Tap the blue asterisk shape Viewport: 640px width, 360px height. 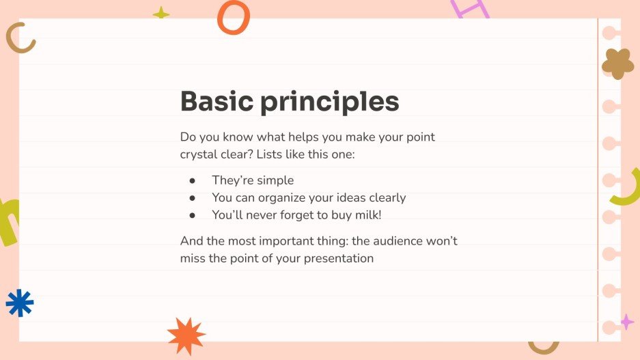point(19,303)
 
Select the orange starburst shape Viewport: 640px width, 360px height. point(186,335)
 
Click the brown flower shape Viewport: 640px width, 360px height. point(617,64)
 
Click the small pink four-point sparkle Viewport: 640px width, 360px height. point(626,322)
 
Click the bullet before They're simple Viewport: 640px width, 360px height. point(193,181)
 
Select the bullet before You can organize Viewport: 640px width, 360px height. point(193,198)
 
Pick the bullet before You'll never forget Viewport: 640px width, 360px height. point(193,215)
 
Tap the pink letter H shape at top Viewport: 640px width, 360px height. point(471,9)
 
